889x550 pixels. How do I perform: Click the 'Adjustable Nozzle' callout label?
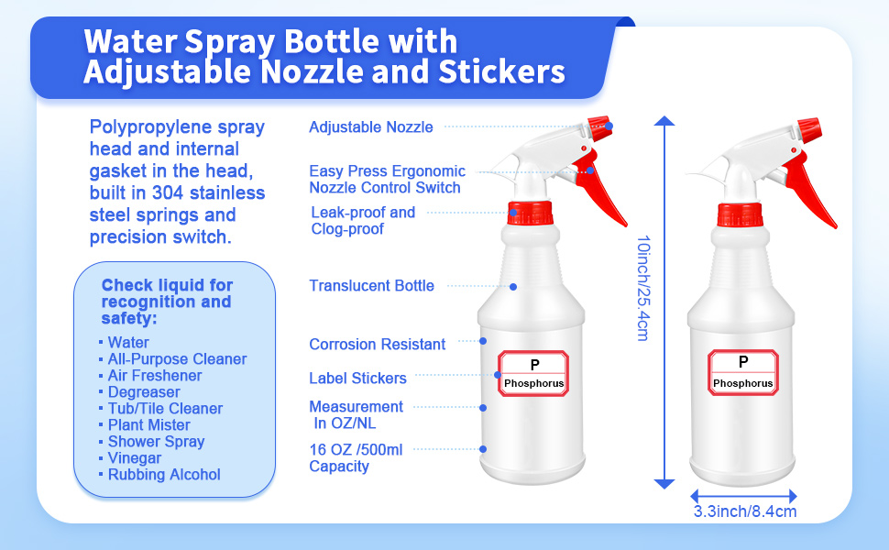(370, 127)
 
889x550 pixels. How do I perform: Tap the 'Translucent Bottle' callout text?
(371, 286)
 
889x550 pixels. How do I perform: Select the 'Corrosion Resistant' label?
(377, 345)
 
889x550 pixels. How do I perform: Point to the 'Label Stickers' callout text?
(357, 378)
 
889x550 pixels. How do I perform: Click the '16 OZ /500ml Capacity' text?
(356, 457)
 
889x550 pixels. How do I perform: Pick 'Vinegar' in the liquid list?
(134, 458)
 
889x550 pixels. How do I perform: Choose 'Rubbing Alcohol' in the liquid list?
(164, 475)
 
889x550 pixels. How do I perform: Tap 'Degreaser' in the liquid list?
(143, 392)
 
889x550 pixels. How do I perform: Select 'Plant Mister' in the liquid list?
(148, 425)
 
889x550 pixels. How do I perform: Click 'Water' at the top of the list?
(128, 343)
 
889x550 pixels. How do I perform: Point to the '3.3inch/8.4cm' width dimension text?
(744, 511)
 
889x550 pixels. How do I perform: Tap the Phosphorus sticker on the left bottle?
(533, 373)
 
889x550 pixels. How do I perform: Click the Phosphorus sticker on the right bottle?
(742, 373)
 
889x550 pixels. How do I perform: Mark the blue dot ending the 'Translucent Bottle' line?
(513, 287)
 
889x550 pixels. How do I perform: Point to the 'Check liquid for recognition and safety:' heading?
(167, 302)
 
